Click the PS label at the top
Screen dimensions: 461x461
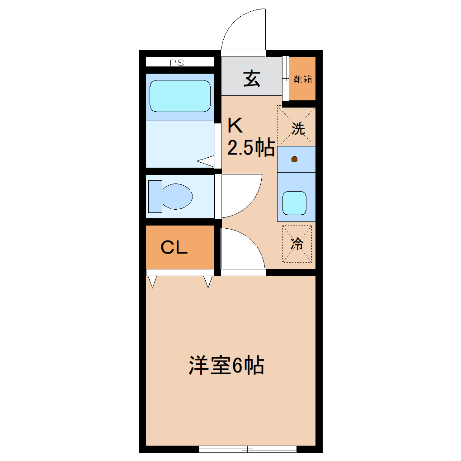tap(177, 63)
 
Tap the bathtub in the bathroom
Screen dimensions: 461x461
tap(180, 96)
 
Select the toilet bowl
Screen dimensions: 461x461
tap(177, 197)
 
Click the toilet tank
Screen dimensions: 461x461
tap(155, 196)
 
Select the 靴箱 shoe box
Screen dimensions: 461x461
tap(302, 79)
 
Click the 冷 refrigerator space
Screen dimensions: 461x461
tap(297, 244)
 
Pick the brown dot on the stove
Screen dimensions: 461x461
tap(295, 159)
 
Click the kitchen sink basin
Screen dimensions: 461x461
tap(295, 203)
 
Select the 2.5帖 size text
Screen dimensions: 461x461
tap(250, 148)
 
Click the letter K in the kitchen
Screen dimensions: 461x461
tap(235, 125)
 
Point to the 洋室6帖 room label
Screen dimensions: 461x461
tap(226, 366)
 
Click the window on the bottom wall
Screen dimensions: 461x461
tap(247, 449)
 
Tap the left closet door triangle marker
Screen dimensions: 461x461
tap(153, 282)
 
